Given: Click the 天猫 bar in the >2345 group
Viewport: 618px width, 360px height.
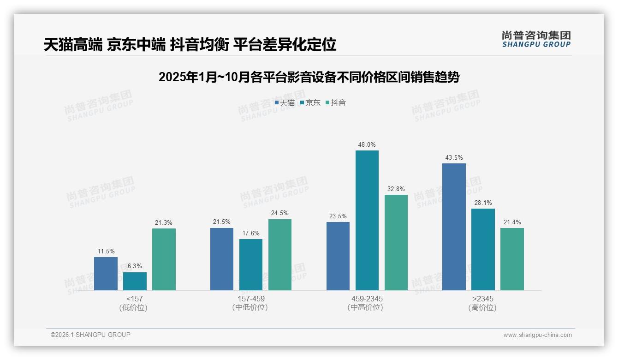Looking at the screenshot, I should [454, 227].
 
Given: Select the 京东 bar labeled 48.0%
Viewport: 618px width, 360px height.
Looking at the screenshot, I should [367, 220].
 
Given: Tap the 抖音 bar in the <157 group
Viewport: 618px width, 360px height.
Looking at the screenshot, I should [164, 259].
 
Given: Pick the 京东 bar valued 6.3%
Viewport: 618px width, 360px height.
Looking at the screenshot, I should [135, 281].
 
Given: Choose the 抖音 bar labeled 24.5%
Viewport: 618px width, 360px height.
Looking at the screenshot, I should [280, 255].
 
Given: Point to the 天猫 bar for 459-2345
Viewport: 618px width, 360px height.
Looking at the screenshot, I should [338, 256].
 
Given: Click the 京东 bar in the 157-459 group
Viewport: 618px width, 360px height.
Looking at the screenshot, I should [251, 264].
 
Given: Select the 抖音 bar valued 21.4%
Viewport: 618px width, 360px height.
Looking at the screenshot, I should [512, 259].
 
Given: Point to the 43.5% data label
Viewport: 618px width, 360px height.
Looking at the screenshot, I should [454, 158].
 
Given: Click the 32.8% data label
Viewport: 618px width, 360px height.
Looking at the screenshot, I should [396, 189].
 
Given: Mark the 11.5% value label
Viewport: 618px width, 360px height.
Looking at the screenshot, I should [106, 252].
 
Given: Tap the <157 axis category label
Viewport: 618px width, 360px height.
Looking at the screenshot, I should [135, 299].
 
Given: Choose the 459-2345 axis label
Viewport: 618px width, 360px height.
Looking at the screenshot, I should [367, 299].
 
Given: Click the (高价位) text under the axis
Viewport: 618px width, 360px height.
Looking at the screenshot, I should [482, 308].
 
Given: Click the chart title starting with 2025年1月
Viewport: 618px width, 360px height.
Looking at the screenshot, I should [309, 77].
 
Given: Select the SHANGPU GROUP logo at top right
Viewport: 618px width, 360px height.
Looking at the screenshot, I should [536, 39].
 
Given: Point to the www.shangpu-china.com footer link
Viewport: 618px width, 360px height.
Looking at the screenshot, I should [537, 335].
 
